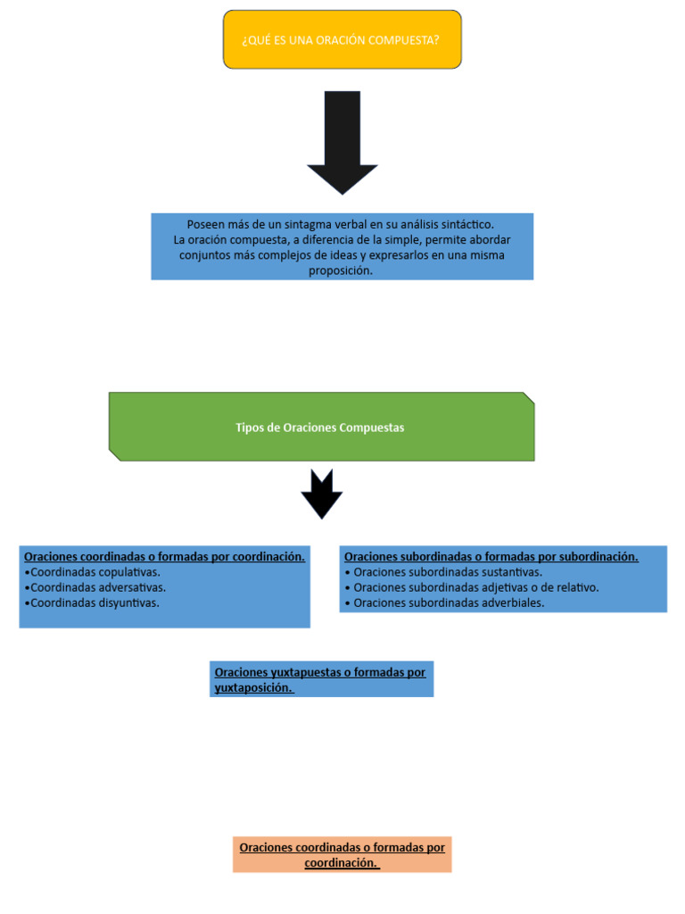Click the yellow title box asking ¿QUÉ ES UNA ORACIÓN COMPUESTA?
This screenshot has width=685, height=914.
coord(342,39)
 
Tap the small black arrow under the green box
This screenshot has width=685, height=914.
coord(321,493)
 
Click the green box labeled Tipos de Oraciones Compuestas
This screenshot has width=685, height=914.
coord(321,427)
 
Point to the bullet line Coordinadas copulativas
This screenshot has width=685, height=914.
coord(93,572)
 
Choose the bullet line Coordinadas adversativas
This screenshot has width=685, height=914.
coord(95,587)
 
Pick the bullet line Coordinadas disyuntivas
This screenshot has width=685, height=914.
coord(92,602)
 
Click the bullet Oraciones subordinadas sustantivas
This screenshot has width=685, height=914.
coord(444,572)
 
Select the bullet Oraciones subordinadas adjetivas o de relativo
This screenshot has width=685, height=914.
coord(472,587)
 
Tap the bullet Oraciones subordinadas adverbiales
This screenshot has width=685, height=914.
coord(444,602)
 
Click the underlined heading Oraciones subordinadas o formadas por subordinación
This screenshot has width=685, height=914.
coord(491,557)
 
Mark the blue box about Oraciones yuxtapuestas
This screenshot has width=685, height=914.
coord(321,679)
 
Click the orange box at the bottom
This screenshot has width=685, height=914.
coord(342,854)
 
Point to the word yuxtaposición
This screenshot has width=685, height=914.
coord(253,688)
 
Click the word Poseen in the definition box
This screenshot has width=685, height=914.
coord(205,224)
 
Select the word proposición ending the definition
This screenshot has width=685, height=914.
coord(341,270)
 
